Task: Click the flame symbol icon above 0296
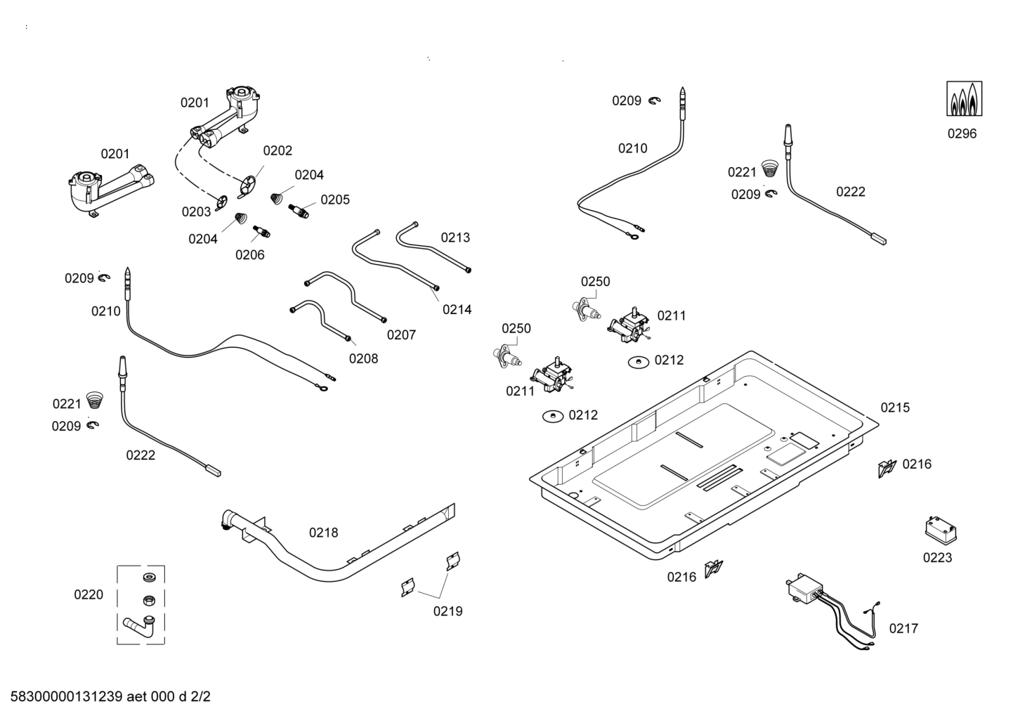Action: (x=964, y=99)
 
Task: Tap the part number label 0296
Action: (x=962, y=134)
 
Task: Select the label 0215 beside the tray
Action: (x=894, y=408)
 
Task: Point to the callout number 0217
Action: (x=903, y=629)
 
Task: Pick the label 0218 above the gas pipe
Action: (x=323, y=533)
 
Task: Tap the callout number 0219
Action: (x=447, y=611)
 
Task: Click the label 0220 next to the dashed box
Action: (x=89, y=595)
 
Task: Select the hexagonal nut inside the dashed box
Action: (x=148, y=601)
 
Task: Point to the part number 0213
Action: (x=455, y=237)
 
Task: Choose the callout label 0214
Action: (x=457, y=309)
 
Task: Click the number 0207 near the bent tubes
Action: (x=401, y=335)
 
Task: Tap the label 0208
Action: (x=363, y=358)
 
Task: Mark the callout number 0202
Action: (x=277, y=150)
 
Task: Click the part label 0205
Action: (x=335, y=200)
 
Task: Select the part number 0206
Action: (x=249, y=254)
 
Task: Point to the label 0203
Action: (x=196, y=211)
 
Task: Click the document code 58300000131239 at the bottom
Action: (x=67, y=697)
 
